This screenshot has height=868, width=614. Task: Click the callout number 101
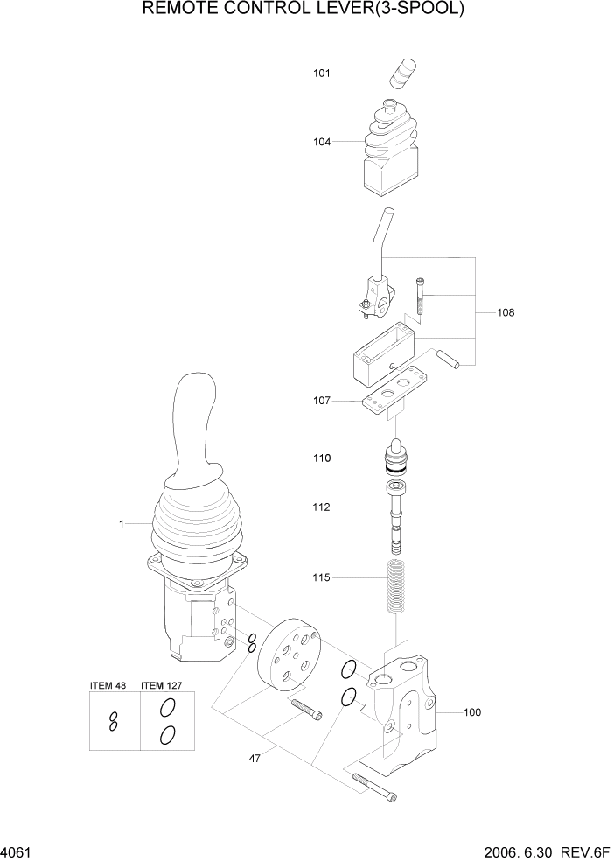322,73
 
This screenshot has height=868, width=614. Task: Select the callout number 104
322,141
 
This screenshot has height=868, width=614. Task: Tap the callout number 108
506,311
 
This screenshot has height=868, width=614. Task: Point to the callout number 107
322,402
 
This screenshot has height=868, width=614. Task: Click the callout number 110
322,458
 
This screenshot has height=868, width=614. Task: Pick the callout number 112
322,506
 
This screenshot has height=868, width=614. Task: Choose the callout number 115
322,577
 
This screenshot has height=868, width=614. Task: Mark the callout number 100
471,712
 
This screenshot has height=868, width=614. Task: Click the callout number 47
255,759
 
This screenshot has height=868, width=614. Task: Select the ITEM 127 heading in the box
165,685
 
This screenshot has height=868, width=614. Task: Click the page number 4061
17,850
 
